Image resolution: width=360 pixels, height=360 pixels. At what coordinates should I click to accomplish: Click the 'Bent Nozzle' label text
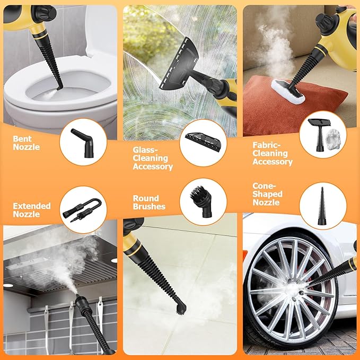click(27, 143)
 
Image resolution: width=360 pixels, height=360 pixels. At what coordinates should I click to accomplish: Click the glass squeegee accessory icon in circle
click(200, 140)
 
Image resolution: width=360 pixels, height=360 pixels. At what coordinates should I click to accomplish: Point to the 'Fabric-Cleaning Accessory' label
click(273, 154)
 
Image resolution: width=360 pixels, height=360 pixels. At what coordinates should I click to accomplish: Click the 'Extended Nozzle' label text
click(32, 209)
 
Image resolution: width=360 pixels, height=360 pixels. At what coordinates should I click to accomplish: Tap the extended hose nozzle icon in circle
click(81, 206)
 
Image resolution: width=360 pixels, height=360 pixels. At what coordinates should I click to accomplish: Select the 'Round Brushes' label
click(149, 202)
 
